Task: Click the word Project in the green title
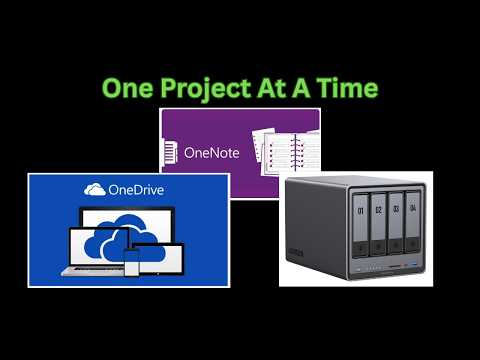point(206,89)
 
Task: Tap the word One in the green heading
point(128,88)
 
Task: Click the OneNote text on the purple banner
point(212,153)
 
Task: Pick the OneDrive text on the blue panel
point(136,190)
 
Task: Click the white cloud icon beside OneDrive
point(95,189)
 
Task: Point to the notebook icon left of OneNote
point(170,152)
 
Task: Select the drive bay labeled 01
point(360,225)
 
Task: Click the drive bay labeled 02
point(378,224)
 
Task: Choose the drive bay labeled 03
point(396,223)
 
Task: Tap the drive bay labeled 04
point(412,221)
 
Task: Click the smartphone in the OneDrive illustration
point(132,262)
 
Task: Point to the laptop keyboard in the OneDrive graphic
point(93,271)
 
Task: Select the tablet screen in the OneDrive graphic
point(161,259)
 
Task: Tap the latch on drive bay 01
point(360,249)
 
